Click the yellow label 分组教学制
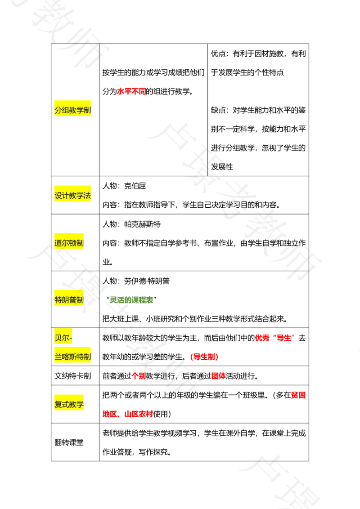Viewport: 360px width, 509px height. coord(73,110)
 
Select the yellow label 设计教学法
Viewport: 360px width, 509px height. coord(73,196)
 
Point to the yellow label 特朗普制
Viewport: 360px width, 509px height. coord(69,300)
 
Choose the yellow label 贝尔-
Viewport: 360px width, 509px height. coord(63,337)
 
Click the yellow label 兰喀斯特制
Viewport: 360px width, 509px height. coord(73,357)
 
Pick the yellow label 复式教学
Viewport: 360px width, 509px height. coord(69,404)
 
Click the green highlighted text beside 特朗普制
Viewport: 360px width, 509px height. coord(131,300)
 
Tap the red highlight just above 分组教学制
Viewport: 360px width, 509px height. coord(131,92)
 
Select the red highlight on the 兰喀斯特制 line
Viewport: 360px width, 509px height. coord(204,357)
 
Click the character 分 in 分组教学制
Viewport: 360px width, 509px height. coord(58,110)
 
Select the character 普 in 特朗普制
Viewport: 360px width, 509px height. coord(73,300)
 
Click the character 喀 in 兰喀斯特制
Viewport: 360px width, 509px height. coord(66,357)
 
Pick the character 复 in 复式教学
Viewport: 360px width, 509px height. coord(58,404)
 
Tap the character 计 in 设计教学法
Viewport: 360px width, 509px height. coord(66,196)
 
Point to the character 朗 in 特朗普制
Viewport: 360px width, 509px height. coord(66,300)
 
